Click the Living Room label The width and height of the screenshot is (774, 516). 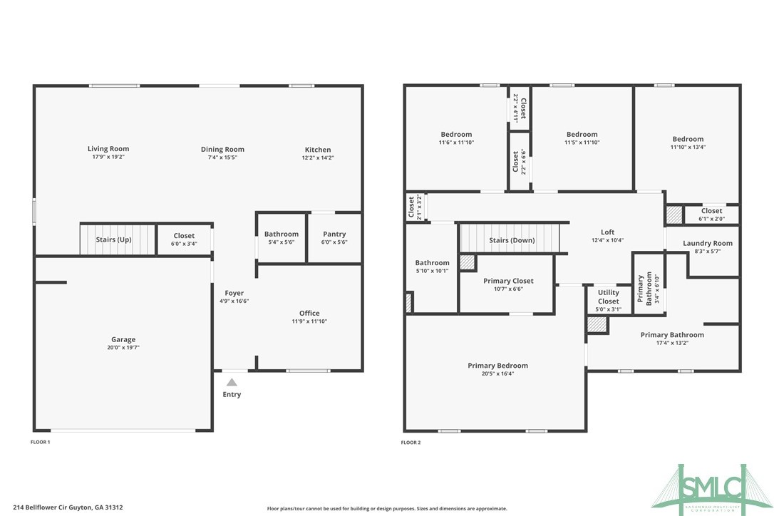108,149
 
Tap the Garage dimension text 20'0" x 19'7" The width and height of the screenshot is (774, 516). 123,349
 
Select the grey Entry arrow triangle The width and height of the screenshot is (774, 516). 232,383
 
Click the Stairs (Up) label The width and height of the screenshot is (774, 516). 114,239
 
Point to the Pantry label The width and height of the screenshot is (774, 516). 334,234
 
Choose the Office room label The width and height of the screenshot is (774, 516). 309,313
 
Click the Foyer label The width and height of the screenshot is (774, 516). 234,293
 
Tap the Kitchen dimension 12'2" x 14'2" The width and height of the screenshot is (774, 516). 317,158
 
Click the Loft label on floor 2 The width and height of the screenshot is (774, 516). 607,232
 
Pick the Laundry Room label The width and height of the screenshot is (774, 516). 707,243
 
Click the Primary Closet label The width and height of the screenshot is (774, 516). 508,281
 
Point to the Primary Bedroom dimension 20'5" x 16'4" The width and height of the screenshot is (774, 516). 497,373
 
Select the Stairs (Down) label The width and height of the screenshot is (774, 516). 512,240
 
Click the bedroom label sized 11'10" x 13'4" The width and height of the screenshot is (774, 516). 687,139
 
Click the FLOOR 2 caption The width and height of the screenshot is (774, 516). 411,443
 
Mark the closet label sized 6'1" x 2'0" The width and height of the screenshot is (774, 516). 711,210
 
